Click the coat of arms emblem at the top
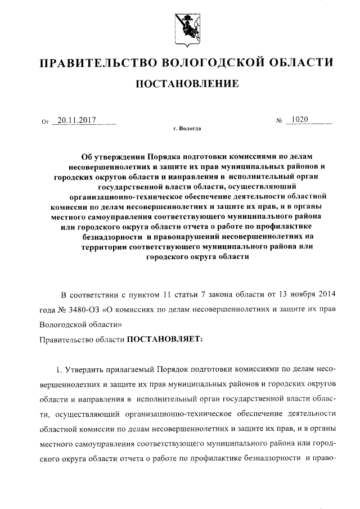[185, 27]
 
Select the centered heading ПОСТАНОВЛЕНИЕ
[185, 84]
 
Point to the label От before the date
[45, 121]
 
